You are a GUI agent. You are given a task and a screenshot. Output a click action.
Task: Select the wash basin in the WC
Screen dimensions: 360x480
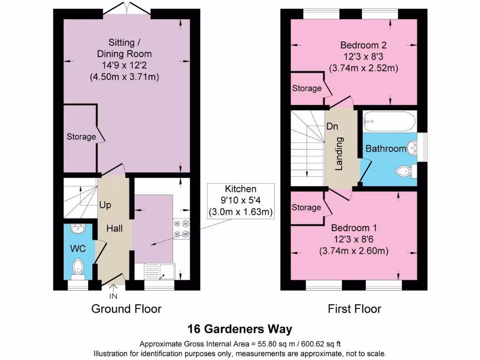pyautogui.click(x=77, y=229)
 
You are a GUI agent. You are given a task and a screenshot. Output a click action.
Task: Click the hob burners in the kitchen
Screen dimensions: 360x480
pyautogui.click(x=181, y=229)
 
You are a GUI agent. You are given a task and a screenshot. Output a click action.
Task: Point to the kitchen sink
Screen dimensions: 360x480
pyautogui.click(x=159, y=271)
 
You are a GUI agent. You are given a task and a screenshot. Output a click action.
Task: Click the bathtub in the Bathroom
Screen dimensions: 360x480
pyautogui.click(x=389, y=121)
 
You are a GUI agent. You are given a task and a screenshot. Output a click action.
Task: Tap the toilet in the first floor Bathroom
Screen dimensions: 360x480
pyautogui.click(x=405, y=172)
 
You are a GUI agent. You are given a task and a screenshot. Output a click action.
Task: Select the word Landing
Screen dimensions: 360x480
pyautogui.click(x=340, y=153)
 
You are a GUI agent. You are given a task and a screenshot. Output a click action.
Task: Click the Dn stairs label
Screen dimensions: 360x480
pyautogui.click(x=332, y=127)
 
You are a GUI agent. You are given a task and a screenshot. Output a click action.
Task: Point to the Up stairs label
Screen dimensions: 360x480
pyautogui.click(x=105, y=205)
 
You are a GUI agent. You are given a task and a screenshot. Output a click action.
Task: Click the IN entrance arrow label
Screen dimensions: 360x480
pyautogui.click(x=113, y=296)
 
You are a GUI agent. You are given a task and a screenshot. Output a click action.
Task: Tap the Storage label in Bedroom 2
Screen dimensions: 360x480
pyautogui.click(x=307, y=88)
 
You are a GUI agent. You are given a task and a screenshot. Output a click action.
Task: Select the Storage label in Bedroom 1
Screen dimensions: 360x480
pyautogui.click(x=307, y=207)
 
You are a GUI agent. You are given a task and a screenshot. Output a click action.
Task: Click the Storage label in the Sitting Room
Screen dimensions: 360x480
pyautogui.click(x=81, y=137)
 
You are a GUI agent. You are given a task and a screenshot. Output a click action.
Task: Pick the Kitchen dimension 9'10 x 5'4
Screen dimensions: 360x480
pyautogui.click(x=240, y=200)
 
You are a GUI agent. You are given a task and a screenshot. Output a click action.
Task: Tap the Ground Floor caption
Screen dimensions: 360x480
pyautogui.click(x=126, y=309)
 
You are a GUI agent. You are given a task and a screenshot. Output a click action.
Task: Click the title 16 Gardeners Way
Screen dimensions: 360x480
pyautogui.click(x=240, y=328)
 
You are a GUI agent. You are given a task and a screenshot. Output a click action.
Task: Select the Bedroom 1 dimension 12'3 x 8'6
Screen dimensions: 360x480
pyautogui.click(x=354, y=240)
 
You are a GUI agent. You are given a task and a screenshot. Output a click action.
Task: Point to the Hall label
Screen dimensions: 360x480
pyautogui.click(x=114, y=228)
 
